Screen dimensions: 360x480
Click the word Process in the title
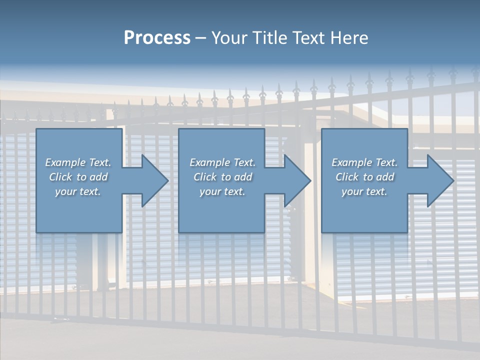coord(157,38)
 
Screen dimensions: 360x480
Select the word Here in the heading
coord(349,38)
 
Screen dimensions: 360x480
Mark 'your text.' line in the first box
coord(78,191)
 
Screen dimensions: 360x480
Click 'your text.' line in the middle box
coord(222,191)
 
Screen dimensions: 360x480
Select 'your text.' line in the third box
coord(364,191)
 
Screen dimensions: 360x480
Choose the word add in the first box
coord(98,177)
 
